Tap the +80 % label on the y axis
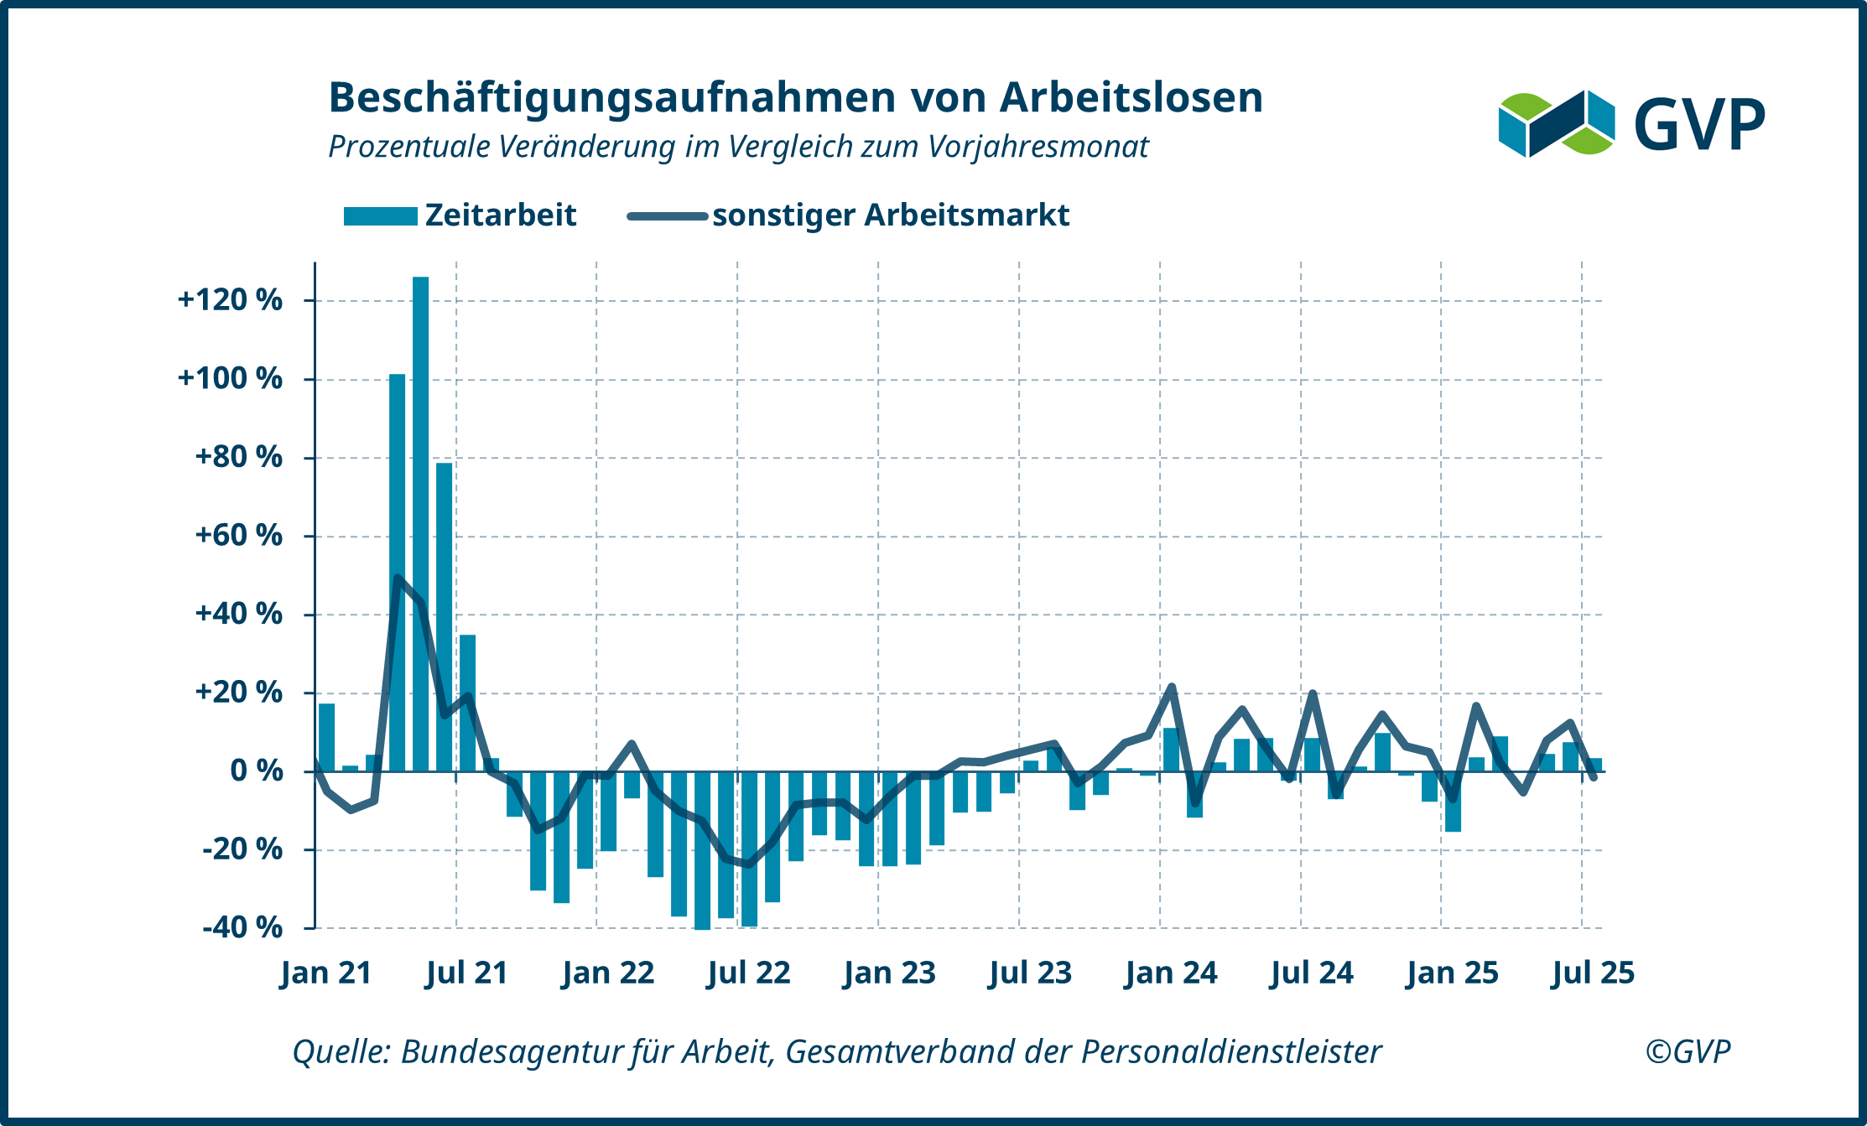tap(238, 457)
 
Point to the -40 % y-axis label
tap(242, 927)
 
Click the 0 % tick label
tap(256, 771)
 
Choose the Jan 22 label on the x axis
tap(608, 973)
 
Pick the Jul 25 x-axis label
tap(1593, 973)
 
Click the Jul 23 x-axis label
tap(1030, 973)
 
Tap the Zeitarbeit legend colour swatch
tap(380, 216)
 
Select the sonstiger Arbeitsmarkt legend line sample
tap(667, 216)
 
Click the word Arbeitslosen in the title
tap(1131, 97)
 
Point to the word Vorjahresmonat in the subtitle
tap(1038, 147)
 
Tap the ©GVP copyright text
tap(1688, 1051)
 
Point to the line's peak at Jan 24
tap(1172, 687)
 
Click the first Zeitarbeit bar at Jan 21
tap(326, 738)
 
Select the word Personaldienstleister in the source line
tap(1231, 1051)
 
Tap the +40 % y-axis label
tap(238, 614)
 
